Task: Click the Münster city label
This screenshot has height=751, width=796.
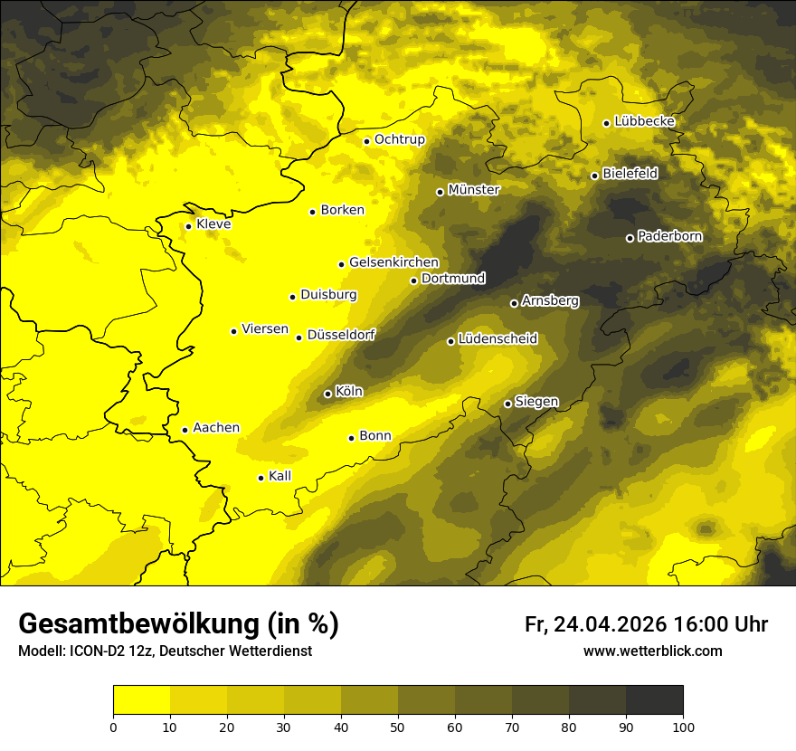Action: coord(474,190)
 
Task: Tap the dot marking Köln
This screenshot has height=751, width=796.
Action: coord(327,394)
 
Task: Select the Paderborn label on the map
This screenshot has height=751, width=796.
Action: coord(670,236)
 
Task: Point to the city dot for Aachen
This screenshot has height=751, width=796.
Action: coord(185,430)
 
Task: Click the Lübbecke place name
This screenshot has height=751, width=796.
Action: coord(645,121)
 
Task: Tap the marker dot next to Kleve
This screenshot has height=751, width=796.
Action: coord(188,226)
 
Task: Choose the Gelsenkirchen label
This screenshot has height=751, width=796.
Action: coord(393,262)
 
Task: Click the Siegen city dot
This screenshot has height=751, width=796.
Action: coord(507,404)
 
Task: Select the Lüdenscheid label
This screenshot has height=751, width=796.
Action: coord(497,339)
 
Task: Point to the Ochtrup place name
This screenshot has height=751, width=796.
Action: coord(400,139)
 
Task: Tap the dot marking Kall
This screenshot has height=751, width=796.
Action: coord(261,478)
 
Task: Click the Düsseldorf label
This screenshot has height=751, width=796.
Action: coord(341,335)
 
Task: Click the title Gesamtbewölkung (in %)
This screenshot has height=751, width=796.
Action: coord(178,623)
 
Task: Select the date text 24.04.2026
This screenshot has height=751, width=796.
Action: coord(611,624)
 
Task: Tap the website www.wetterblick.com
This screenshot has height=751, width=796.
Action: coord(653,651)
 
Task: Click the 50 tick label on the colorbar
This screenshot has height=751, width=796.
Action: coord(398,726)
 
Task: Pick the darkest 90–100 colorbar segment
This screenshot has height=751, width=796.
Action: coord(654,700)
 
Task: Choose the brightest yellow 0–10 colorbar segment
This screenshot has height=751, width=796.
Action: coord(142,700)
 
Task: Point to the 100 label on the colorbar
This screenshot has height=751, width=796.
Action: coord(683,726)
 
